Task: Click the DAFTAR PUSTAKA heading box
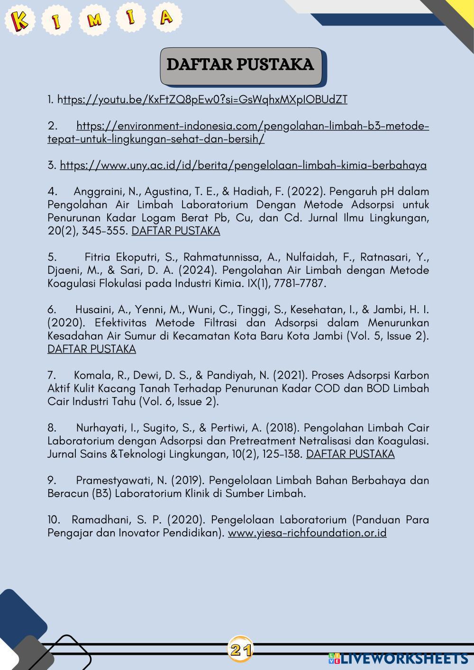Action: pyautogui.click(x=241, y=65)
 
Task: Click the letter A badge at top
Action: pyautogui.click(x=165, y=18)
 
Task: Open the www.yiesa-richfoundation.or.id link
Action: pyautogui.click(x=307, y=533)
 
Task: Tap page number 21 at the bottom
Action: pyautogui.click(x=240, y=650)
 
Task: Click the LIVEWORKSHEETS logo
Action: pyautogui.click(x=398, y=658)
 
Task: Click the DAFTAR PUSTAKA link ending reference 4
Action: pyautogui.click(x=176, y=231)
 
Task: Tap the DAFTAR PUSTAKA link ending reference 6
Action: pyautogui.click(x=91, y=349)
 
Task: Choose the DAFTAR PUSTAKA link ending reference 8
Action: pyautogui.click(x=350, y=454)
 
